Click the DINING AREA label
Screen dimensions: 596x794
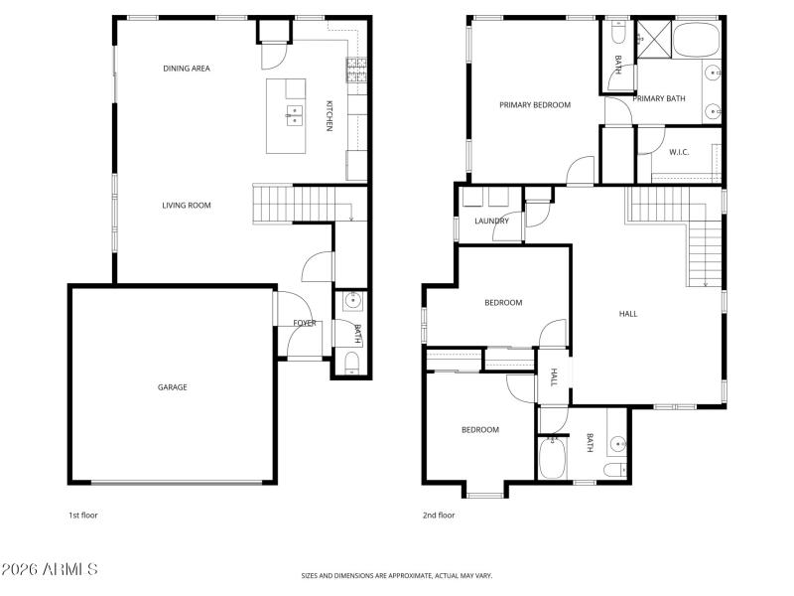point(187,69)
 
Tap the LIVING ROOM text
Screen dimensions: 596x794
point(187,206)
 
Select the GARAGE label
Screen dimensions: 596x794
point(172,387)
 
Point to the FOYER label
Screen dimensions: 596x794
point(304,323)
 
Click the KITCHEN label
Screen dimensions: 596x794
point(329,116)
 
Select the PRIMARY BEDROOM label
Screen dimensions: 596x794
point(535,104)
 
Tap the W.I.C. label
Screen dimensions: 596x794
point(679,152)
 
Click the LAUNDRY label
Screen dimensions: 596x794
point(491,222)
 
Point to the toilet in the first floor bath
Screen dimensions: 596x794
point(350,362)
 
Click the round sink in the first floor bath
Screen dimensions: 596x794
point(352,303)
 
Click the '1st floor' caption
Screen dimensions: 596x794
point(82,516)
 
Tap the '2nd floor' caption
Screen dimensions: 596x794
point(439,516)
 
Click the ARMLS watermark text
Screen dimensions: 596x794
point(50,570)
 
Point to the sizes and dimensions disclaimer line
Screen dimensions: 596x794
point(397,575)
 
